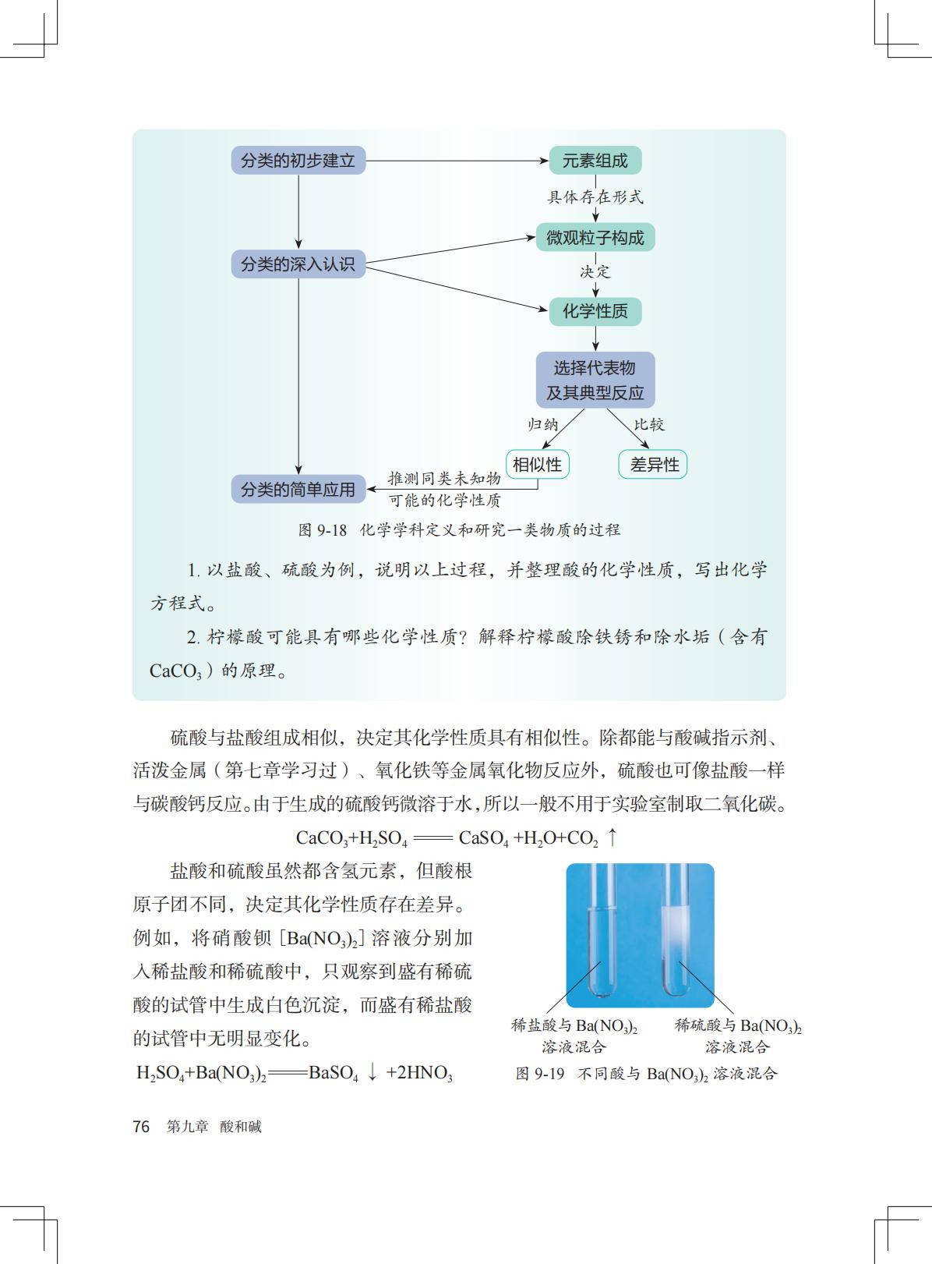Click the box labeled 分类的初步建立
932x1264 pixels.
pyautogui.click(x=298, y=161)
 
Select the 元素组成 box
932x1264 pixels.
pyautogui.click(x=595, y=161)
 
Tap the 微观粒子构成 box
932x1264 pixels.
pyautogui.click(x=595, y=238)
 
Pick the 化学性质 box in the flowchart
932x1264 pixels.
pyautogui.click(x=595, y=311)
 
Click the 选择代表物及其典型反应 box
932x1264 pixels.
pyautogui.click(x=595, y=380)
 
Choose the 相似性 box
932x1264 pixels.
pyautogui.click(x=537, y=465)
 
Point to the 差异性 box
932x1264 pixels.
pyautogui.click(x=653, y=465)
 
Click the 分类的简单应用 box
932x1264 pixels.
pyautogui.click(x=298, y=489)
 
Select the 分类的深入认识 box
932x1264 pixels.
pyautogui.click(x=298, y=264)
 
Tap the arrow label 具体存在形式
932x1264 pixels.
pyautogui.click(x=595, y=197)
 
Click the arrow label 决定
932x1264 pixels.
pyautogui.click(x=595, y=272)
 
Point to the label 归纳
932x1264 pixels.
pyautogui.click(x=543, y=424)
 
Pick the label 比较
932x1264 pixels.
pyautogui.click(x=649, y=424)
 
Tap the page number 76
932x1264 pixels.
pyautogui.click(x=141, y=1126)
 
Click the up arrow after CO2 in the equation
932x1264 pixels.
pyautogui.click(x=613, y=837)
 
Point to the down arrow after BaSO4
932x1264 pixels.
pyautogui.click(x=372, y=1072)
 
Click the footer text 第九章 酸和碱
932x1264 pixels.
pyautogui.click(x=214, y=1126)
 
